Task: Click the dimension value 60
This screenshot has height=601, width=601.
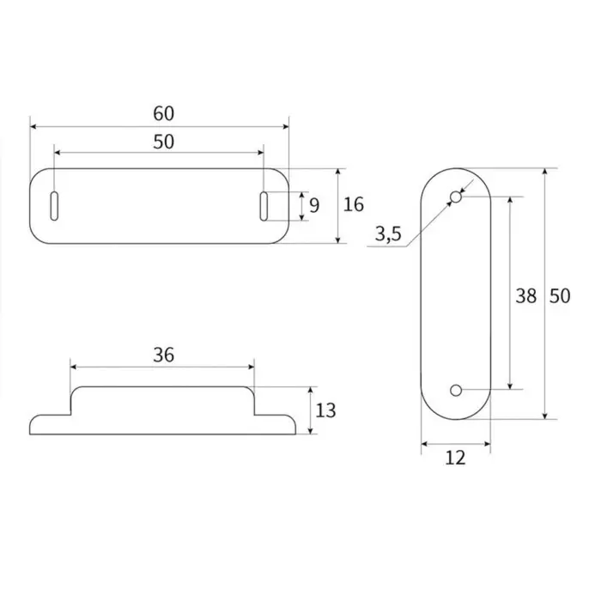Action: [x=164, y=113]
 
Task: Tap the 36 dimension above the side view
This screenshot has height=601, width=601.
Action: [x=164, y=355]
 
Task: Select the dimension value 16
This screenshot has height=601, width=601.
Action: [x=354, y=204]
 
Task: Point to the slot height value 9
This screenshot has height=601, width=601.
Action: [x=314, y=206]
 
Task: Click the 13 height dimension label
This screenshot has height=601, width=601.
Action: [x=325, y=410]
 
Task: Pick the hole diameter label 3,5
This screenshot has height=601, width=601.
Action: [x=388, y=234]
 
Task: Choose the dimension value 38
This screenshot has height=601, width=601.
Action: [x=525, y=296]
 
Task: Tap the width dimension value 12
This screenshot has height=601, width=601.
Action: [x=455, y=458]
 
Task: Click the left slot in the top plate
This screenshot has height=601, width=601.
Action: [x=54, y=206]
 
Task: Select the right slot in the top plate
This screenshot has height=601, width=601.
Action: [x=264, y=206]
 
